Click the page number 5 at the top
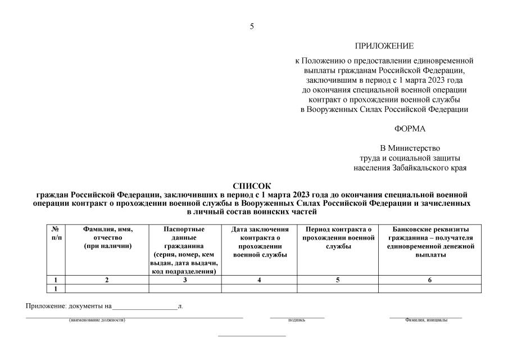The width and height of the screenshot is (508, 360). pos(252,26)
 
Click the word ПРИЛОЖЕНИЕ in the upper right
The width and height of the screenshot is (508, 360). pos(384,46)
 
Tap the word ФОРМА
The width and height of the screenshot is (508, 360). pos(410,129)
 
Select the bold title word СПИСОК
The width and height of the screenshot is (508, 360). pos(252,186)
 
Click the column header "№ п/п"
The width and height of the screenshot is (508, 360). pos(56,233)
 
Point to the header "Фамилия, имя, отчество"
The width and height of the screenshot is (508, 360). pos(107,238)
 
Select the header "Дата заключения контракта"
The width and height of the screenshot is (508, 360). pos(259,242)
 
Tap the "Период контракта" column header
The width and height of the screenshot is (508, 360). pos(338,238)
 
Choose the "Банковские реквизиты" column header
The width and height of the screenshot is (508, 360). pos(430,242)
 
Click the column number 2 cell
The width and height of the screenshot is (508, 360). pos(107,280)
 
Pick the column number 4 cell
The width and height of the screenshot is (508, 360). pos(259,280)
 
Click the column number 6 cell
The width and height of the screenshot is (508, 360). pos(430,280)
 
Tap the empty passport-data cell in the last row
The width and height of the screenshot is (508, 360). pos(185,289)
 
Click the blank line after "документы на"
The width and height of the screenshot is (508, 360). pos(144,307)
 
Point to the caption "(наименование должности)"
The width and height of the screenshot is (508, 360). pos(97,320)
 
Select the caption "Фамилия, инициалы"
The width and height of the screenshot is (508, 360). pos(426,320)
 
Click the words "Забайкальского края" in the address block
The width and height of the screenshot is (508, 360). pos(431,168)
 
